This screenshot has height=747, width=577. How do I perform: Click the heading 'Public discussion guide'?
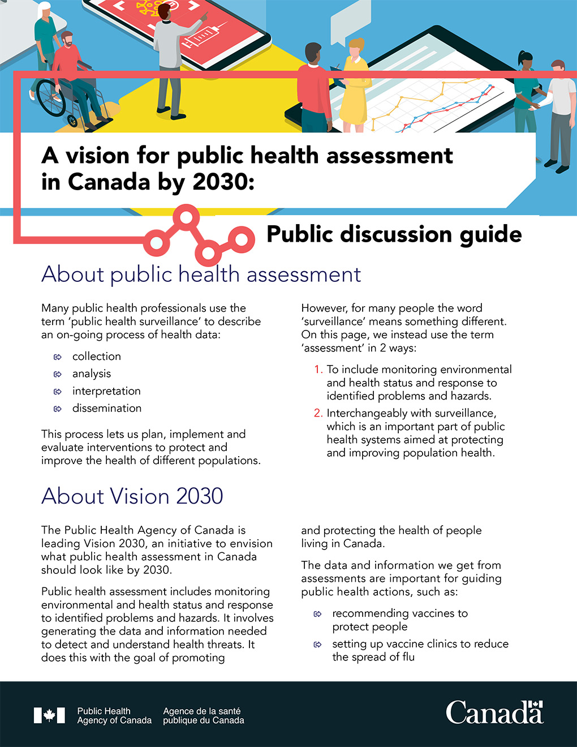tap(394, 234)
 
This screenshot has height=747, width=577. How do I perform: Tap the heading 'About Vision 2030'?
tap(132, 496)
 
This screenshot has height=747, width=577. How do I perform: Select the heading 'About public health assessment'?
tap(201, 274)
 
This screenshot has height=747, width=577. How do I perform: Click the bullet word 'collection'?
tap(96, 357)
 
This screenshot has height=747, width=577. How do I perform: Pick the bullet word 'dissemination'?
tap(107, 409)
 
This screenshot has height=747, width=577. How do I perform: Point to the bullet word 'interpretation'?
tap(106, 391)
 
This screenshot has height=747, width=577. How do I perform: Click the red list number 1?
tap(318, 370)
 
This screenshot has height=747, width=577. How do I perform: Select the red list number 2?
tap(318, 413)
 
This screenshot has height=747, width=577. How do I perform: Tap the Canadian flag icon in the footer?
tap(49, 715)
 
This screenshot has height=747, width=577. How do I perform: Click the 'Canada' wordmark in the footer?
tap(494, 713)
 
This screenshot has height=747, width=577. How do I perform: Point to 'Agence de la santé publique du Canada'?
tap(203, 716)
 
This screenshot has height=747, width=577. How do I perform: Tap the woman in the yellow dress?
tap(354, 85)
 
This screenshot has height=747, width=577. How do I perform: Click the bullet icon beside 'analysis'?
tap(57, 374)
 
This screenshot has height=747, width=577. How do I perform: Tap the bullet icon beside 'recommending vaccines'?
tap(317, 614)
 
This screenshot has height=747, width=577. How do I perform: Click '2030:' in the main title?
tap(223, 182)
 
